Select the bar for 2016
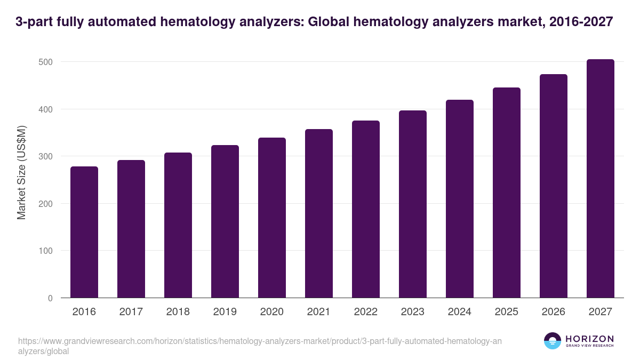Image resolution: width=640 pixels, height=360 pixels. click(84, 232)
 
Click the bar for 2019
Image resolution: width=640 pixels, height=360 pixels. click(225, 221)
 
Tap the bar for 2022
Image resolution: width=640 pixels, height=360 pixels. click(366, 209)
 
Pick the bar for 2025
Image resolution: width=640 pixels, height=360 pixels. click(507, 193)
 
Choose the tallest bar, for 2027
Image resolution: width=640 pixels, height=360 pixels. click(601, 179)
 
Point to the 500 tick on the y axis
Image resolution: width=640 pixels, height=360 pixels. click(45, 62)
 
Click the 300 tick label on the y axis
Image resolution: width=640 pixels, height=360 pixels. click(45, 156)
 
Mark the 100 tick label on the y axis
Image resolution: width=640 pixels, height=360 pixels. click(45, 251)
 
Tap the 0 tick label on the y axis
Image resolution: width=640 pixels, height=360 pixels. click(50, 298)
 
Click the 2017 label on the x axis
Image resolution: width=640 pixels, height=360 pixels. click(131, 312)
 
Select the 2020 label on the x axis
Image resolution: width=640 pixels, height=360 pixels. click(272, 312)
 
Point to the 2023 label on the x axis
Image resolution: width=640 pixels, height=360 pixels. click(413, 312)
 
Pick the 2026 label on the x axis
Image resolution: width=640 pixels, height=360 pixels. click(554, 312)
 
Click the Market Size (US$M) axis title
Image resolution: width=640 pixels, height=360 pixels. click(22, 172)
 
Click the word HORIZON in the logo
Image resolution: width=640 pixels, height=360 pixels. click(589, 339)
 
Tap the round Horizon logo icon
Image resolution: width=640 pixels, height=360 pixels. click(553, 341)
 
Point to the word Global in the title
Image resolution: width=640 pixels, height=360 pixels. click(326, 22)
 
